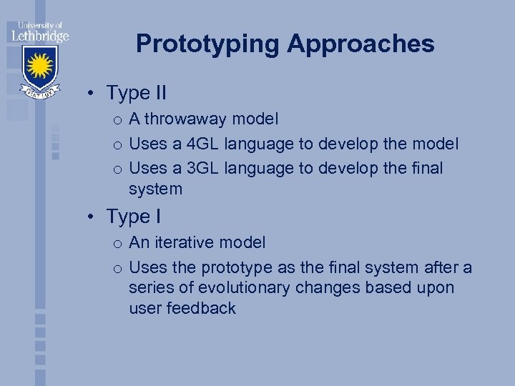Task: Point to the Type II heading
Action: (x=136, y=93)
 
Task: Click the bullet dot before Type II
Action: (x=94, y=94)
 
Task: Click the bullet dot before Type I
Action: (x=94, y=216)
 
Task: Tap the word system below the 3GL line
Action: (x=155, y=189)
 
